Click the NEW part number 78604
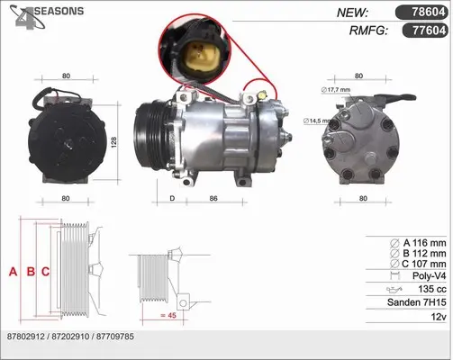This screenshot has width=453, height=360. (x=429, y=12)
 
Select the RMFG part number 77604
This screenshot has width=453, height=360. (x=429, y=31)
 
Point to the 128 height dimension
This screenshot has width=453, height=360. (x=113, y=142)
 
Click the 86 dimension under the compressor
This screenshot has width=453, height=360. (x=213, y=198)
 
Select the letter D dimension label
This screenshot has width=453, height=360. (x=172, y=198)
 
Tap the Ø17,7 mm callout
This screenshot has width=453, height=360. (x=336, y=90)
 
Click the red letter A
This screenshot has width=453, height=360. (x=13, y=272)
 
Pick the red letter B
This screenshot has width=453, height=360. (x=31, y=272)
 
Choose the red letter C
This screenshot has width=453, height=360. (x=45, y=272)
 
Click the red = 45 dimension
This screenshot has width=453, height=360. (x=168, y=315)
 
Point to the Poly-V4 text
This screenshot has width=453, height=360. (x=430, y=275)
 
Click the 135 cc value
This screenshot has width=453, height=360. (x=432, y=289)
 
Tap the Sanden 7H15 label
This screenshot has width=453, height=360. (x=417, y=302)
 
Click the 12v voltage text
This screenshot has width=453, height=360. (x=439, y=317)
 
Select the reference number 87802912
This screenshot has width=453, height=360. (x=26, y=337)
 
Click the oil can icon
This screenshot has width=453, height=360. (x=394, y=290)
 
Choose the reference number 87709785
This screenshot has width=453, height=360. (x=115, y=337)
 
